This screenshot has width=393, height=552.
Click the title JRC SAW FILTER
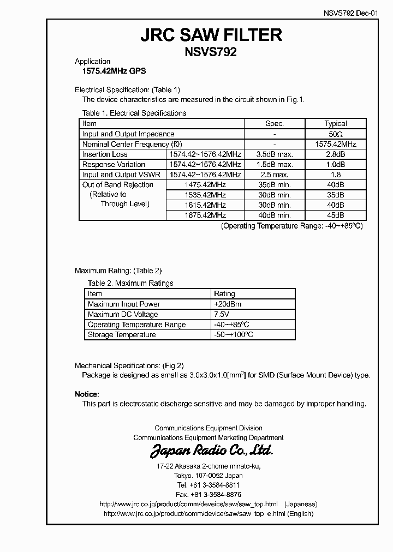click(x=211, y=35)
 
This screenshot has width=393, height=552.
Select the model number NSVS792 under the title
click(x=211, y=53)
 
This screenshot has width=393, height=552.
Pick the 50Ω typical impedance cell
click(x=336, y=134)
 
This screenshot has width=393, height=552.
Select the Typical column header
click(x=336, y=124)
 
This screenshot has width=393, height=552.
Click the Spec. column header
click(x=274, y=124)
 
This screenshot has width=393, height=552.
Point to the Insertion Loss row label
click(x=105, y=154)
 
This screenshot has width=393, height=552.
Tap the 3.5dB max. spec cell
click(x=274, y=154)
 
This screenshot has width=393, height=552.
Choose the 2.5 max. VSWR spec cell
click(x=274, y=175)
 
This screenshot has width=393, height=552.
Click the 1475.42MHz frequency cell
click(x=205, y=185)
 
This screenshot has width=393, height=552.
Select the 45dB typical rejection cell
click(x=336, y=215)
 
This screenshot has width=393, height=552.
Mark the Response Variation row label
click(x=114, y=165)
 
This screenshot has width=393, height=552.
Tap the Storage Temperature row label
click(x=122, y=335)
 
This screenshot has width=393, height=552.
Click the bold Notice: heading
click(x=87, y=394)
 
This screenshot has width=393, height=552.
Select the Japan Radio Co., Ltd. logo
click(x=211, y=451)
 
